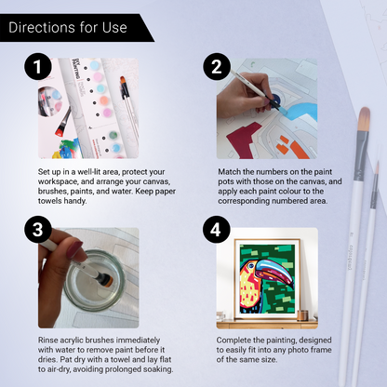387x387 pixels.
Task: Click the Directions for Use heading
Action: pos(67,27)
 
